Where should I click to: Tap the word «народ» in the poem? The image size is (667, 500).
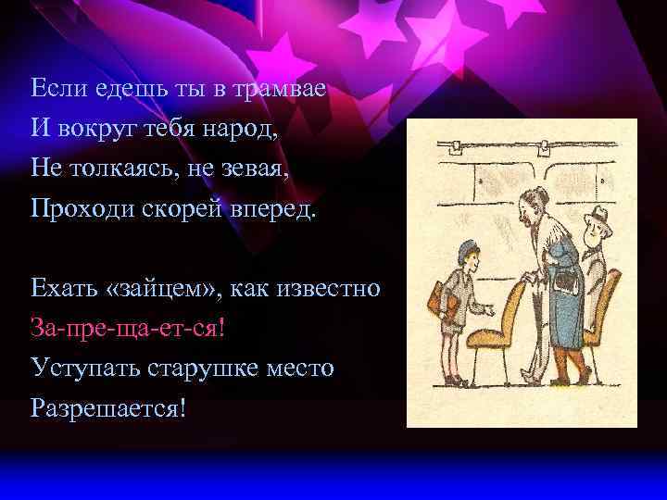(x=240, y=128)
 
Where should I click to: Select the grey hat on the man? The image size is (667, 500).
(x=597, y=216)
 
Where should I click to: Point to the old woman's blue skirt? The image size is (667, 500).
(x=560, y=315)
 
